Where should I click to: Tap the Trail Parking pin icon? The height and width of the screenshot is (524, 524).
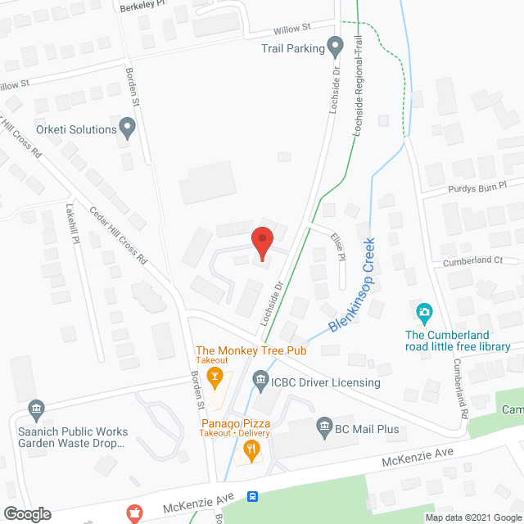tap(335, 47)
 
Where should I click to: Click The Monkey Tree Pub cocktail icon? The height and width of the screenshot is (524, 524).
tap(216, 377)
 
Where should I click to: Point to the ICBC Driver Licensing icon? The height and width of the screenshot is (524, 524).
tap(261, 380)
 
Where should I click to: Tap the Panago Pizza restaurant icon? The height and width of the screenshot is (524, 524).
tap(251, 448)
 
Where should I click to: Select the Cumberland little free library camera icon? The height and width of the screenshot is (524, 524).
tap(424, 312)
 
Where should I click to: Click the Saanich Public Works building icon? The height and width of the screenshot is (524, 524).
tap(35, 409)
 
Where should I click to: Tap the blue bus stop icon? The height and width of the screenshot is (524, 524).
tap(254, 496)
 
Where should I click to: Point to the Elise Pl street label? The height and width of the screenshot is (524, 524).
tap(337, 245)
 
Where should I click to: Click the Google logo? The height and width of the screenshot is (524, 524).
tap(26, 514)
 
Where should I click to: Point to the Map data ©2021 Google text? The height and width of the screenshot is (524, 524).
tap(472, 517)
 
